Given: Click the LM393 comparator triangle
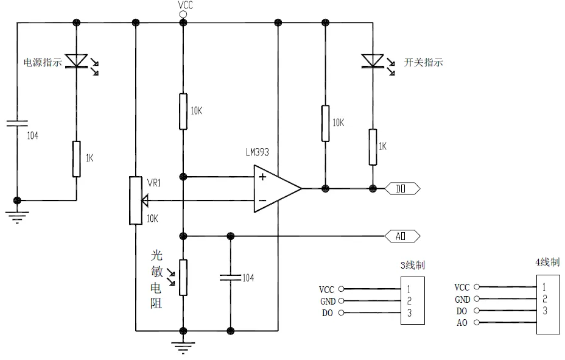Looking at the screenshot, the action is point(278,188).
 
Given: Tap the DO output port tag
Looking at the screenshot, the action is point(402,188).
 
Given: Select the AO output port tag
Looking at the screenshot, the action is point(402,236).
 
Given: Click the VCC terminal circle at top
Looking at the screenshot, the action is point(183,15).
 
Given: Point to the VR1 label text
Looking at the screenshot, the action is point(154,183).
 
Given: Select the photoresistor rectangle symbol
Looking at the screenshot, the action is point(183,278).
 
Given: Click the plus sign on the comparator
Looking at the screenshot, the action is point(262,177).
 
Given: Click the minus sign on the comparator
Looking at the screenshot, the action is point(262,200).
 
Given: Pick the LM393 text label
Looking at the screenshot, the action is point(258,152).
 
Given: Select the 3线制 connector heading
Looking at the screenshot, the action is point(413,265).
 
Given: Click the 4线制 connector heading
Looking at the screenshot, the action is point(548,262).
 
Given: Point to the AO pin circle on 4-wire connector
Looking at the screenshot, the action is point(477,322).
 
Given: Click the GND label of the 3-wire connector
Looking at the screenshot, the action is point(328,301).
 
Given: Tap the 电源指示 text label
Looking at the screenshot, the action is point(43,62).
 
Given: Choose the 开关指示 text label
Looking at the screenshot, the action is point(423,62).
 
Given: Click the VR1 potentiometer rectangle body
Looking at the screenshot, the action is point(136,200).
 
